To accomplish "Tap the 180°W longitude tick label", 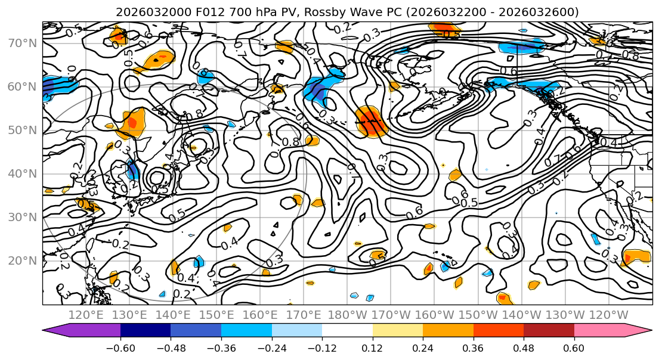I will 348,315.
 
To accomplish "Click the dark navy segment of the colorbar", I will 145,330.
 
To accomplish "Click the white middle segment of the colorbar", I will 347,330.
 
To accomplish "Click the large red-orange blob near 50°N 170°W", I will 371,122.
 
